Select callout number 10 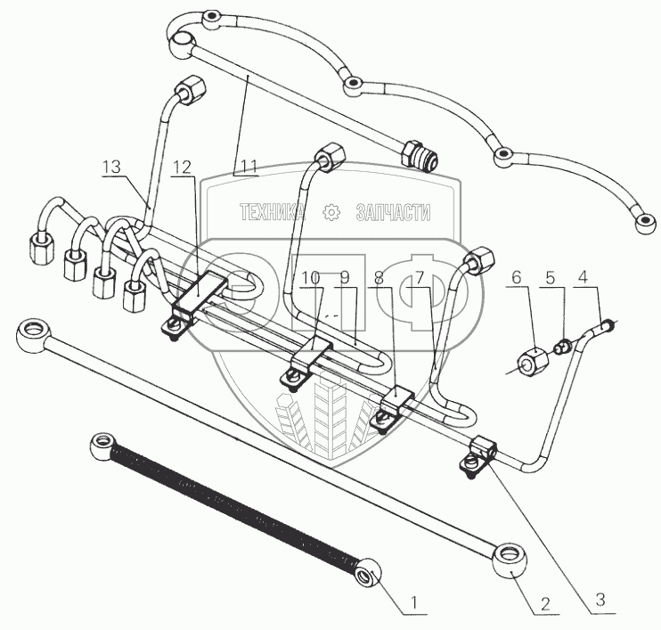click(310, 279)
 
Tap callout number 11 click(247, 167)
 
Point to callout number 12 click(182, 167)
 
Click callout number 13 click(111, 167)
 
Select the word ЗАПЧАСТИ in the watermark click(393, 212)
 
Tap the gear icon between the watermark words click(331, 212)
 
